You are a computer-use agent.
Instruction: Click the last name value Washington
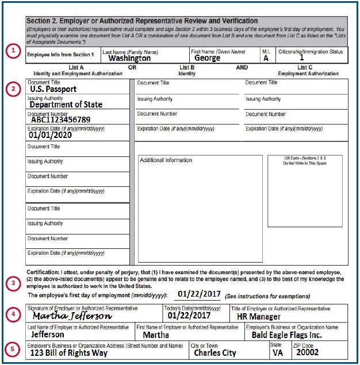[129, 58]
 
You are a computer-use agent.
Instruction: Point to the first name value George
[207, 58]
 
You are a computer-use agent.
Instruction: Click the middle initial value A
[266, 58]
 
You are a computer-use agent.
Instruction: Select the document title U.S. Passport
[53, 89]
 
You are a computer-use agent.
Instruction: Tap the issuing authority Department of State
[66, 105]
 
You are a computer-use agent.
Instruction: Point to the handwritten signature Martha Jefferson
[72, 316]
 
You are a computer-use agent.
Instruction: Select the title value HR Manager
[259, 317]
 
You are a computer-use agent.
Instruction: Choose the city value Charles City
[215, 352]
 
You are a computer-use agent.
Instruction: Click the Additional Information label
[166, 160]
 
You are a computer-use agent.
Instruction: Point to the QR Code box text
[304, 160]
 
